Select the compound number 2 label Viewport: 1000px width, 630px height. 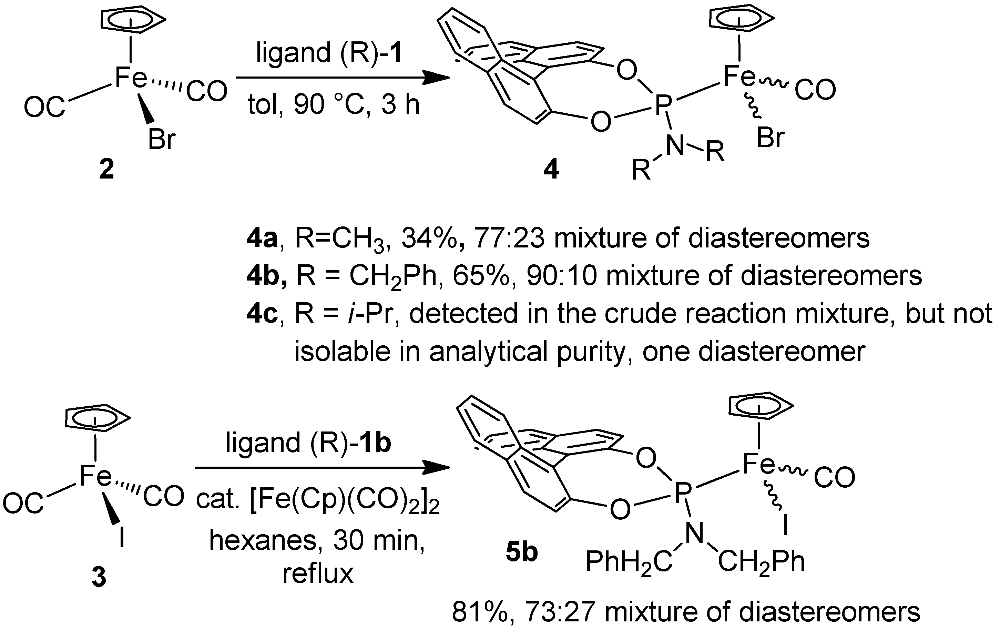coord(107,170)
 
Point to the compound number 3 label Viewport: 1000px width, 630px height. coord(99,577)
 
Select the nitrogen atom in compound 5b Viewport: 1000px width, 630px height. coord(695,533)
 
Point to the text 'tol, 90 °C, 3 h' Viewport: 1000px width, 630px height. coord(334,104)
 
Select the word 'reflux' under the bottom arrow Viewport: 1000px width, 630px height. coord(318,574)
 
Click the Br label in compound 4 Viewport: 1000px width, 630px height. coord(771,138)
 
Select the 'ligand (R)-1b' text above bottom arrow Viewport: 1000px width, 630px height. coord(308,443)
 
